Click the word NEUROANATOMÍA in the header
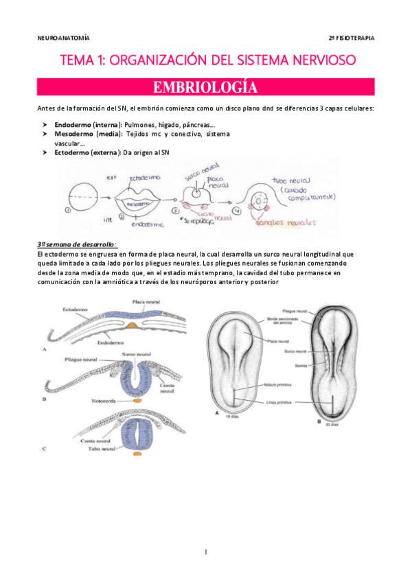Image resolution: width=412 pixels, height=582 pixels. pos(63,38)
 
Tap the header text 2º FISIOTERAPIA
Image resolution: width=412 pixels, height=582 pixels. pos(352,38)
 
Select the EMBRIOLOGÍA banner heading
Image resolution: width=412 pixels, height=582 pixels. pos(206,88)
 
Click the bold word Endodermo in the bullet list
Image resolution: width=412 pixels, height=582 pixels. pos(71,125)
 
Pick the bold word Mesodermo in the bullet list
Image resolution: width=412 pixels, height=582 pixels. pos(73,135)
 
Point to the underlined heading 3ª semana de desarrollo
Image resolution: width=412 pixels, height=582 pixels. pos(67,245)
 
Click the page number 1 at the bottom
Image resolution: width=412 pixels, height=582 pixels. pos(206,552)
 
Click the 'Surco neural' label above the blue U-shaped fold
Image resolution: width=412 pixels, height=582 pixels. pos(135,354)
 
